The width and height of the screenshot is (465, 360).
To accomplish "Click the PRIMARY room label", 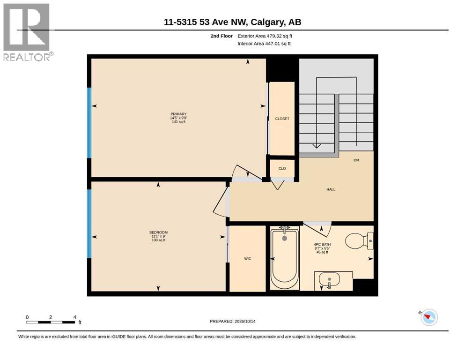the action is (178, 114).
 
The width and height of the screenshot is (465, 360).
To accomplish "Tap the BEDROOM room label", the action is (158, 232).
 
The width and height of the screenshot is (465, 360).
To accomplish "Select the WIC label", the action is (248, 259).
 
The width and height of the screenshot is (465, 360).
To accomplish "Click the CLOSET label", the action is (282, 119).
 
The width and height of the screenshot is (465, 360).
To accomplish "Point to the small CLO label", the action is (282, 169).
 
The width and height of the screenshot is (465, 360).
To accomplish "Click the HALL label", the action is (331, 189).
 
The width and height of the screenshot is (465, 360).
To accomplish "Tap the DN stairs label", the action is (356, 160).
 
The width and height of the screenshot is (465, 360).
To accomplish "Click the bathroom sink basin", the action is (329, 280).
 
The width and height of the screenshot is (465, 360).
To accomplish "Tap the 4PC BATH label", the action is (322, 245).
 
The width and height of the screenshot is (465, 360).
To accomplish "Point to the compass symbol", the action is (429, 317).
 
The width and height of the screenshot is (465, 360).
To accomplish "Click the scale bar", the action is (51, 322).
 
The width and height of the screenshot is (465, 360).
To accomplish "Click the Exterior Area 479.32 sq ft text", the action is (265, 36).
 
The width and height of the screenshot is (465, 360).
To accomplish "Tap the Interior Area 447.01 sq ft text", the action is (264, 44).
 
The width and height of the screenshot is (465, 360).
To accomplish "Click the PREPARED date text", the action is (232, 321).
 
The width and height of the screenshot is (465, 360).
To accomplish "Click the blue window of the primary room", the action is (89, 122).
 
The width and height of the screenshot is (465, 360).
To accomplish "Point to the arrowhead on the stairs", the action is (317, 146).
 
